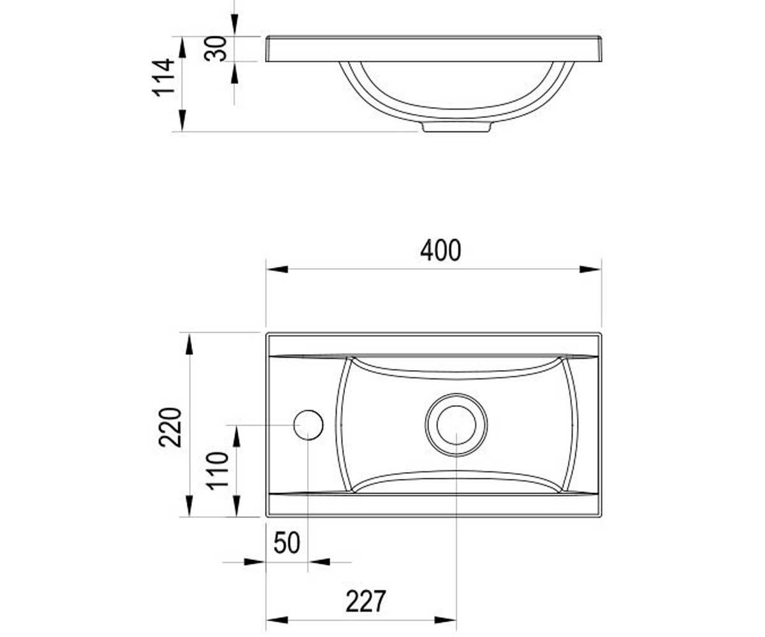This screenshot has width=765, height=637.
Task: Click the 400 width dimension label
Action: pyautogui.click(x=441, y=251)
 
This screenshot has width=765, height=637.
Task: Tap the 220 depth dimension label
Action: pyautogui.click(x=170, y=427)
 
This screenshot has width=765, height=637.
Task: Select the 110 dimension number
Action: pyautogui.click(x=217, y=471)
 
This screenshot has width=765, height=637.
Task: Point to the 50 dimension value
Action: pyautogui.click(x=287, y=543)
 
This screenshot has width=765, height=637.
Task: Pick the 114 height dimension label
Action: pyautogui.click(x=163, y=78)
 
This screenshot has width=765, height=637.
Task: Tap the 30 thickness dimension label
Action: pyautogui.click(x=215, y=48)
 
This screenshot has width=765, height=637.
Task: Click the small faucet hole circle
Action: pyautogui.click(x=308, y=425)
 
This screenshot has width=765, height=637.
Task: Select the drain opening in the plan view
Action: pyautogui.click(x=456, y=425)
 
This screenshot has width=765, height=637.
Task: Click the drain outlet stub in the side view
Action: pyautogui.click(x=456, y=126)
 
